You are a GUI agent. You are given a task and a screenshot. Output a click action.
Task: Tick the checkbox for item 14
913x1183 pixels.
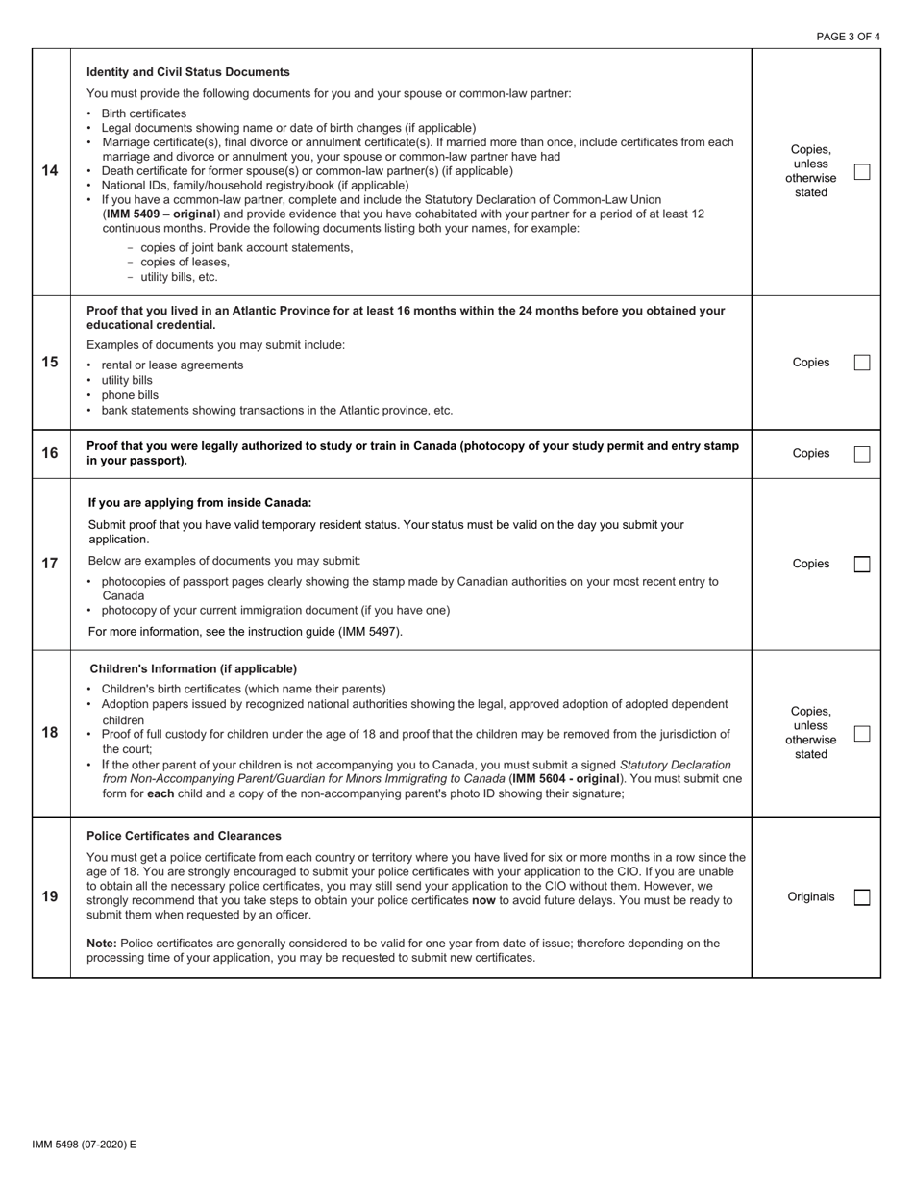coord(862,172)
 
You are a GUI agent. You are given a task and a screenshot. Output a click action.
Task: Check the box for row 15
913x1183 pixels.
coord(862,363)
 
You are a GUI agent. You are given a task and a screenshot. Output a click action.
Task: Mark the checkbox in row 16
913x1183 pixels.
coord(862,454)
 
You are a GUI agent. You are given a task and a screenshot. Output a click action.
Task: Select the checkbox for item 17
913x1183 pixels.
coord(862,565)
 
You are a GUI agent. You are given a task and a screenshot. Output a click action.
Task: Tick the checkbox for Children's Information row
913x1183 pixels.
coord(862,734)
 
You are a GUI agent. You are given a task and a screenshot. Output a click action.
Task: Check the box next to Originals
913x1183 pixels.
coord(862,897)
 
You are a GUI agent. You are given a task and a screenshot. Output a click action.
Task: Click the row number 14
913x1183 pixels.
coord(50,171)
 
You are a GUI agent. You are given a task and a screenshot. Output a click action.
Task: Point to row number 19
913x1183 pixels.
coord(50,896)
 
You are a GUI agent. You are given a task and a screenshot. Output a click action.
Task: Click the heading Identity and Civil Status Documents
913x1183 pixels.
coord(187,72)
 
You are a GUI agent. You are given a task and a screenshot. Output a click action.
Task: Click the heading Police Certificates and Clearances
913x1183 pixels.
coord(184,836)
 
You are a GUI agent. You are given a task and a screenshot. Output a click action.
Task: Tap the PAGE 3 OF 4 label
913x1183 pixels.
coord(848,37)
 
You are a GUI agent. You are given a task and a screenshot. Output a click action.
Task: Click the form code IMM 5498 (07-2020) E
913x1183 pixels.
coord(84,1145)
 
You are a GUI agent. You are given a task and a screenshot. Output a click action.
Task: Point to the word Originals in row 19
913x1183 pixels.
coord(810,897)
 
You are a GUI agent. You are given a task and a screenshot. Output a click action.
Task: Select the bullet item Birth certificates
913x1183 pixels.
coord(143,113)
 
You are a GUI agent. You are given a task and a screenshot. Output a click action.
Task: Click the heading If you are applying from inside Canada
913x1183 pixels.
coord(199,503)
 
